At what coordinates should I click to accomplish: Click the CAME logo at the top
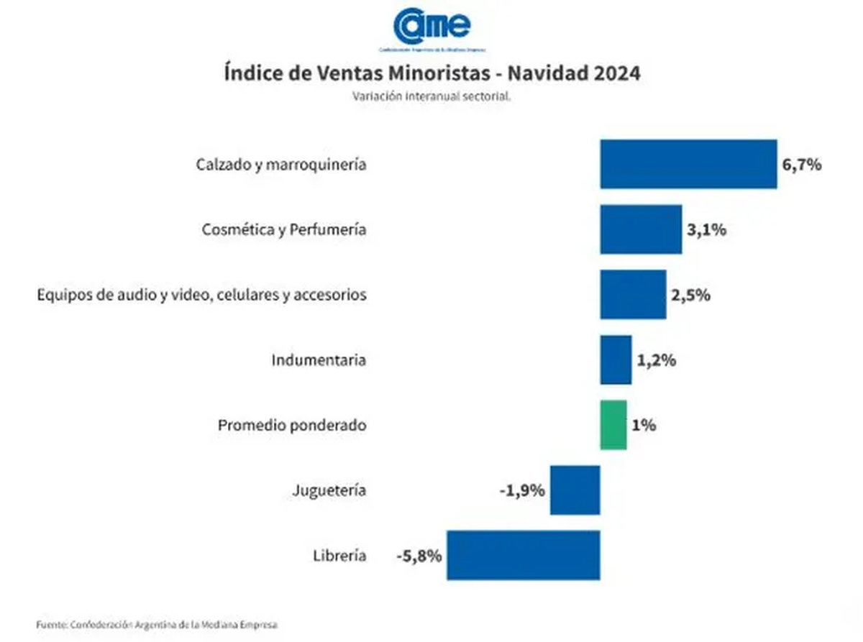[432, 26]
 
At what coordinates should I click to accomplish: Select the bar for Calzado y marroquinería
[688, 164]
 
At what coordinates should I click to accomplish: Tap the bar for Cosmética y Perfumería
[641, 229]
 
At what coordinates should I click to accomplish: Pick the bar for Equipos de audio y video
[633, 294]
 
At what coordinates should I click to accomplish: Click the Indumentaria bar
[616, 359]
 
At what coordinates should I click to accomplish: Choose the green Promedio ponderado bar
[613, 425]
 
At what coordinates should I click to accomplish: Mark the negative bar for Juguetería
[575, 490]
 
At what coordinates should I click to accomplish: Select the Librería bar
[523, 555]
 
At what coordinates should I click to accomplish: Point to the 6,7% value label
[801, 165]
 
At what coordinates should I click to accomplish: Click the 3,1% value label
[706, 230]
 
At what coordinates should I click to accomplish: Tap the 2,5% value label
[690, 295]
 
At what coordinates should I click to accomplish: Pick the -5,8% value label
[418, 556]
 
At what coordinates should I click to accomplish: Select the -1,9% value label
[521, 490]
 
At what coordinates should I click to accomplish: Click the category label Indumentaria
[319, 360]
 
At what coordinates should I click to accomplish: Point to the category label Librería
[339, 556]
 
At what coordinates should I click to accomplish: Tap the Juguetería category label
[329, 491]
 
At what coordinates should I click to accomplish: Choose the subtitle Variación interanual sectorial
[431, 96]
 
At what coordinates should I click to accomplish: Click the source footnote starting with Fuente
[157, 624]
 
